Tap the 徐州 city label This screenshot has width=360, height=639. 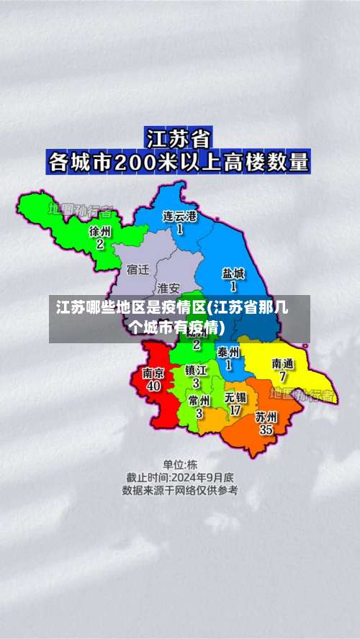click(100, 232)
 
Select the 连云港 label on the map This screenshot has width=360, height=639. click(179, 216)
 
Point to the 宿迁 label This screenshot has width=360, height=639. click(138, 270)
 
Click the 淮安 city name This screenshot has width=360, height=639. click(168, 288)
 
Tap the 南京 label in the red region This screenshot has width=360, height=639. click(153, 373)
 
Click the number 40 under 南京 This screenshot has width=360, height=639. click(153, 386)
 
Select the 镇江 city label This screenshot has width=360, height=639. click(196, 371)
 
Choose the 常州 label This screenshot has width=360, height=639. click(199, 400)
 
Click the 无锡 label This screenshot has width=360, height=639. click(235, 397)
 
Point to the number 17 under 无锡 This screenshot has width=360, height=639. click(235, 410)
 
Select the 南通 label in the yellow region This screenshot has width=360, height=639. click(283, 363)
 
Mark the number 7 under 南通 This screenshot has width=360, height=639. click(283, 376)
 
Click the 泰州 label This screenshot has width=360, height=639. click(228, 352)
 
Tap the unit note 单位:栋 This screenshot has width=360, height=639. click(179, 464)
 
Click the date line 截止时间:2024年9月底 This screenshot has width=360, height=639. click(179, 477)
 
